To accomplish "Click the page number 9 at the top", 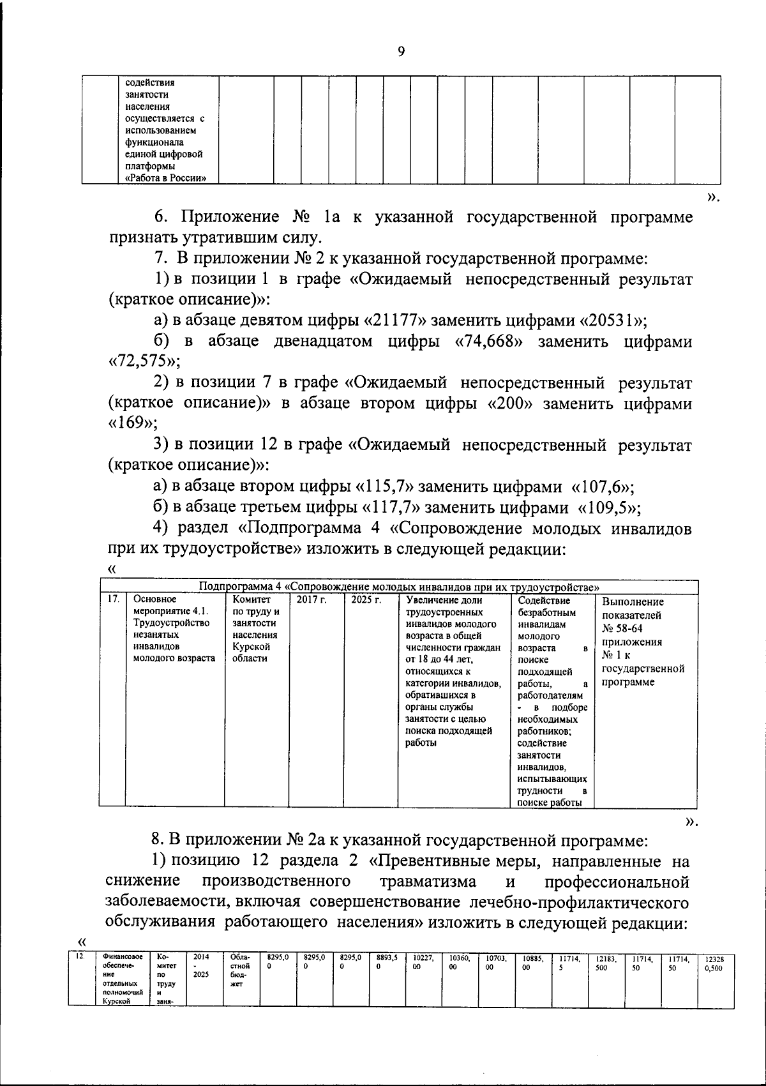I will click(x=401, y=52).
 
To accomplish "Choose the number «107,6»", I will click(x=599, y=487).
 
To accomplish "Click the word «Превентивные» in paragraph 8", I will click(x=427, y=861).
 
